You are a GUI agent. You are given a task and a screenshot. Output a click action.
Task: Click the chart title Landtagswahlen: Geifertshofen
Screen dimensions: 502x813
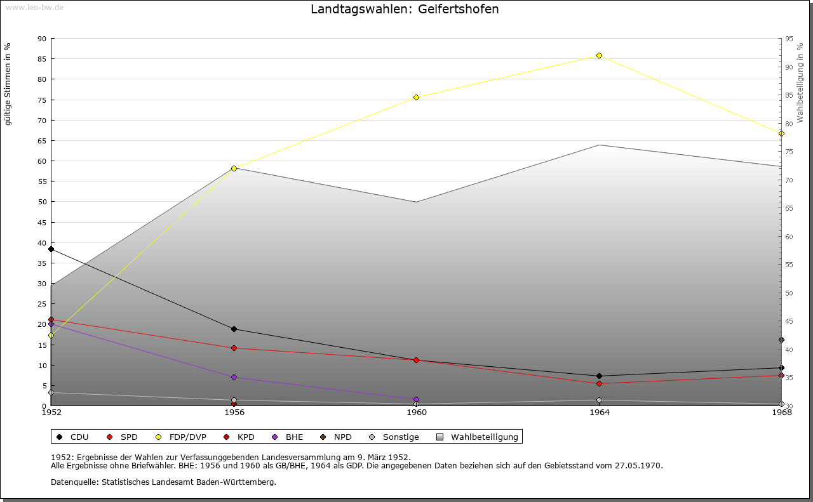(405, 10)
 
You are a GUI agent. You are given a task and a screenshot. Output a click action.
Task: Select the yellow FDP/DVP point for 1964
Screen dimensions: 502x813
(599, 56)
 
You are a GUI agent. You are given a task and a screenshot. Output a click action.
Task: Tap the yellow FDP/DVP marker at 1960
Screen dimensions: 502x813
(417, 97)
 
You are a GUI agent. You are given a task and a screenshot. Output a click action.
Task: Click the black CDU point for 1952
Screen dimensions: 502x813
(51, 249)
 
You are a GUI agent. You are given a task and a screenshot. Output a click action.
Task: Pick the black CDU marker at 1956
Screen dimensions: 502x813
(234, 329)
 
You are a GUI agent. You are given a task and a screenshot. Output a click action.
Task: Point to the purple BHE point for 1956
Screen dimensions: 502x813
(234, 377)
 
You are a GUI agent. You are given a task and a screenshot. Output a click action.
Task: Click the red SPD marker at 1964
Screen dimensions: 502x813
(599, 383)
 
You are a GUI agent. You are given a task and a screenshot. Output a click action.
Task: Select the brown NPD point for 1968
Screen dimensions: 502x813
(781, 340)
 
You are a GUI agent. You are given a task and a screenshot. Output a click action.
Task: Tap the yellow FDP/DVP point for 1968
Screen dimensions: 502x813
(781, 133)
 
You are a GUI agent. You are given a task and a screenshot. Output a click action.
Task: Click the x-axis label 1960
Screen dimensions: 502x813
(417, 413)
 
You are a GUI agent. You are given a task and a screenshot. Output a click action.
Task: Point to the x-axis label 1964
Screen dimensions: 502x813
(599, 413)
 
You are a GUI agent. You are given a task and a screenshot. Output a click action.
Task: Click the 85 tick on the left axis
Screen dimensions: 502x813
(42, 59)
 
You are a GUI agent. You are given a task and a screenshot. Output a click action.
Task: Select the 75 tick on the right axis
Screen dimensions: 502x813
(788, 152)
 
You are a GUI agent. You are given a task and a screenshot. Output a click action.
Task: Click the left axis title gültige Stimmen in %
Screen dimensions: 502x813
(8, 84)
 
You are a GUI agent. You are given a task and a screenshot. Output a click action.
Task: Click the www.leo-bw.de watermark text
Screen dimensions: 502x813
(34, 7)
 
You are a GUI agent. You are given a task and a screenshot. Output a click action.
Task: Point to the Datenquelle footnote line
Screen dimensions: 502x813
(163, 482)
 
